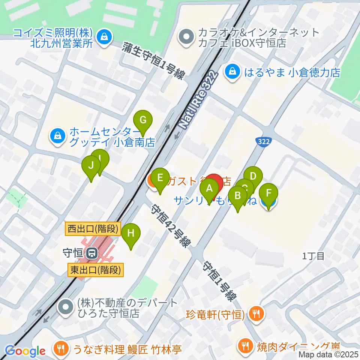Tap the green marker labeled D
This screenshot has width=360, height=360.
tap(253, 177)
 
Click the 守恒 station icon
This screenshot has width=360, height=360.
tap(91, 254)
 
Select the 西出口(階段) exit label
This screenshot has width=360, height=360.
tap(94, 228)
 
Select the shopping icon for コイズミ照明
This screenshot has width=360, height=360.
tap(102, 36)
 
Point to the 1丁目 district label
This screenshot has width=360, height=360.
tap(313, 256)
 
